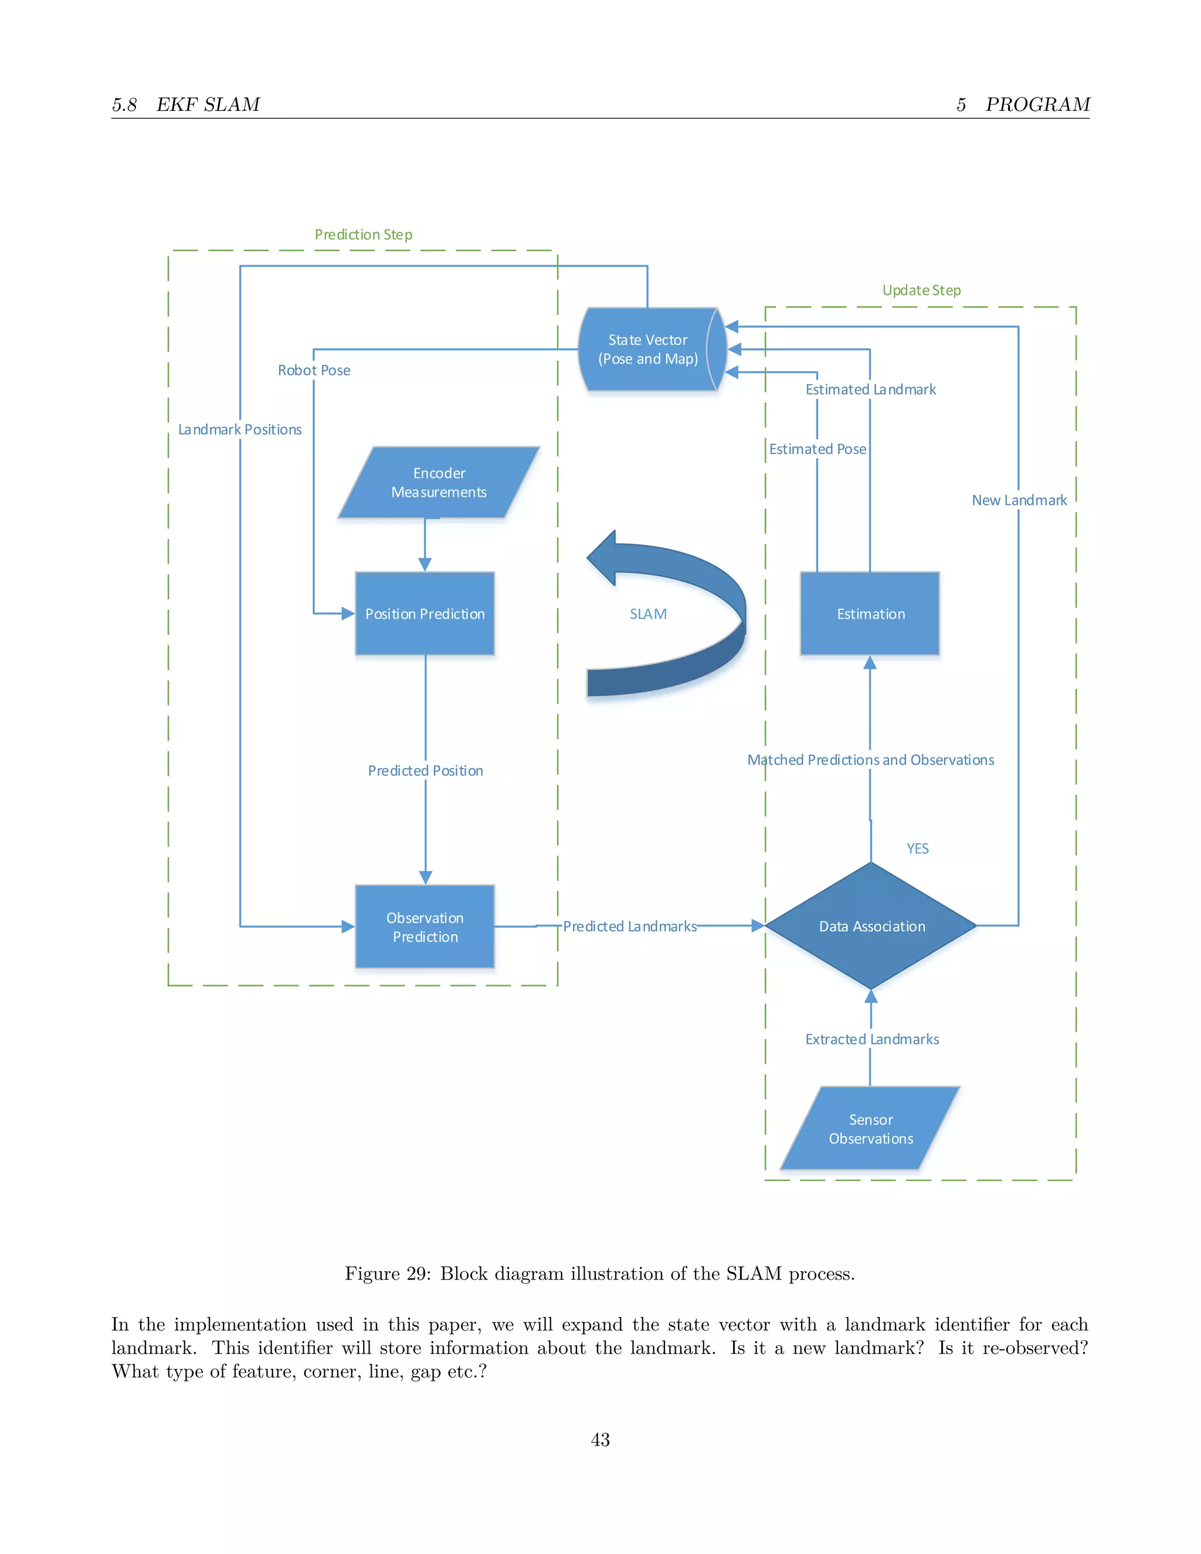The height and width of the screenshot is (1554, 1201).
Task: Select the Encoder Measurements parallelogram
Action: click(439, 483)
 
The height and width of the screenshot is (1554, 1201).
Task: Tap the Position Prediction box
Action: click(425, 613)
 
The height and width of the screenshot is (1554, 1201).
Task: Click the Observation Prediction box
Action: click(425, 927)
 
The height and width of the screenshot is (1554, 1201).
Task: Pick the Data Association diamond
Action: click(871, 926)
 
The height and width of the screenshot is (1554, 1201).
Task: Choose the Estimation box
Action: click(870, 613)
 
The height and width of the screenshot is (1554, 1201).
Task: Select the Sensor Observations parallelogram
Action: click(870, 1128)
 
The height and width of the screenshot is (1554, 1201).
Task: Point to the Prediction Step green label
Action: click(363, 234)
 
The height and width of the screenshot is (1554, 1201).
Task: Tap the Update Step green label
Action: click(921, 290)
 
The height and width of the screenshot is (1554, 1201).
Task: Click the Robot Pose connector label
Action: click(314, 370)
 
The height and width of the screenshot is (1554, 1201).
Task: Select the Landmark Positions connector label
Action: click(240, 429)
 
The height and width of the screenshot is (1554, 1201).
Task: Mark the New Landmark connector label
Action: click(1019, 500)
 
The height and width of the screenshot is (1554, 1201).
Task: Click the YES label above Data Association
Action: click(917, 848)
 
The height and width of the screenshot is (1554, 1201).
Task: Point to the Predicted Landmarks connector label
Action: click(630, 926)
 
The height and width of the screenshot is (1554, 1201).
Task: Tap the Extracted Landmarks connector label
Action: click(871, 1039)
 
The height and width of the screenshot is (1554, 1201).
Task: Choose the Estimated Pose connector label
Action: click(817, 449)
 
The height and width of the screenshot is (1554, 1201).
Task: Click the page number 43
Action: click(600, 1440)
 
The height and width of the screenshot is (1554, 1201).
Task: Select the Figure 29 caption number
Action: click(416, 1273)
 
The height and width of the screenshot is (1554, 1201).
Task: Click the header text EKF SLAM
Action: click(208, 104)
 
